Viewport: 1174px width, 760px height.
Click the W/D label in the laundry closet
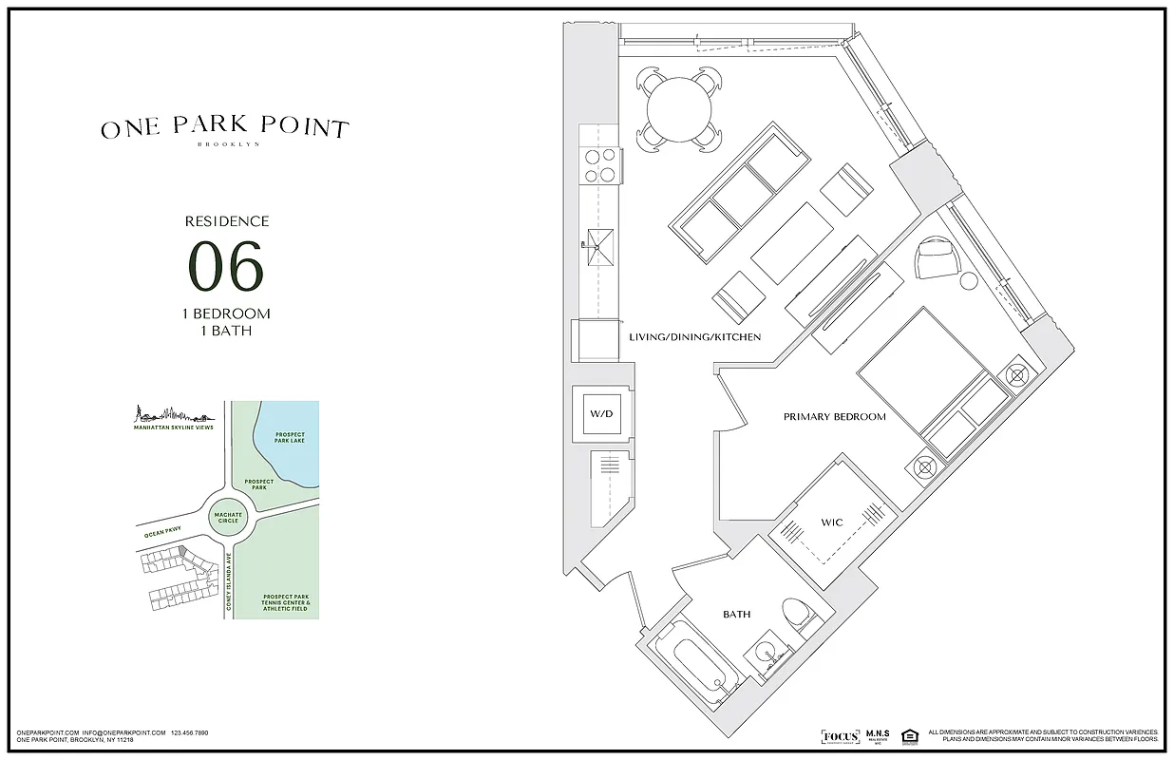pos(600,413)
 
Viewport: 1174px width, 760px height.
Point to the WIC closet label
pos(831,522)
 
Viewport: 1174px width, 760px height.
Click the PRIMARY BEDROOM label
pos(834,417)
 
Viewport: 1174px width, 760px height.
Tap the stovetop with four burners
pos(600,165)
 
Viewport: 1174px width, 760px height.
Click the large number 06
pos(226,266)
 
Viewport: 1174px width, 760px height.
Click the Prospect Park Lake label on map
pos(289,437)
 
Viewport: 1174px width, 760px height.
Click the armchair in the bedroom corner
pos(938,258)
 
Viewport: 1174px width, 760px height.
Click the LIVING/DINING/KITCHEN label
pos(694,337)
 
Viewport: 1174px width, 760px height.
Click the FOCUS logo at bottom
pos(841,736)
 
